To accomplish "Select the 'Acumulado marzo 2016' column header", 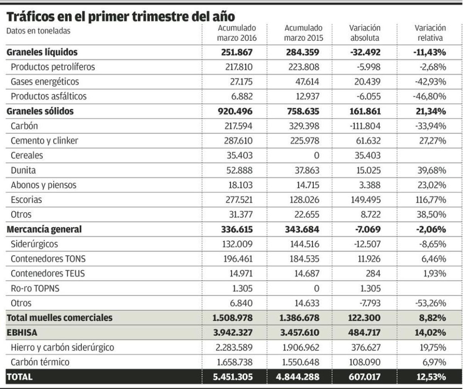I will click(x=237, y=33).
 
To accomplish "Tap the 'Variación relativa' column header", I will click(x=430, y=33).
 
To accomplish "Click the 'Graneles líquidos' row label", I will click(x=42, y=52).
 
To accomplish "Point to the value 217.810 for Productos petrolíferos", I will click(x=239, y=67).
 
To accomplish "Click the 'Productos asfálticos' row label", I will click(x=49, y=96).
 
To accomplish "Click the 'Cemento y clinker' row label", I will click(x=44, y=141).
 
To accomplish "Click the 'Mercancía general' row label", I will click(x=44, y=229).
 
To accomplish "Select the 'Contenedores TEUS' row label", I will click(x=48, y=274).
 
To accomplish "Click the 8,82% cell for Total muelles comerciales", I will click(x=433, y=318).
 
